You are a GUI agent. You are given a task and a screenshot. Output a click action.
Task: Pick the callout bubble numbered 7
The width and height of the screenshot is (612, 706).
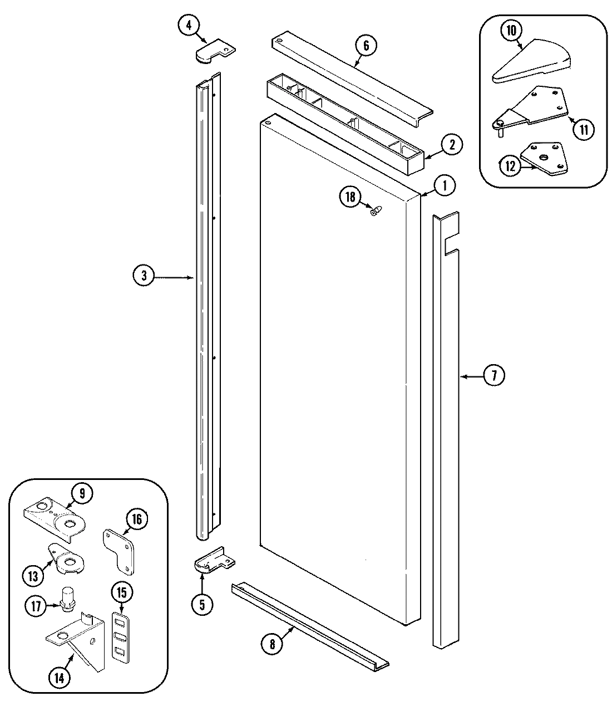494,376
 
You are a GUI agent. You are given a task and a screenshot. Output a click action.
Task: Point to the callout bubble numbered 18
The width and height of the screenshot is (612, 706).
350,197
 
